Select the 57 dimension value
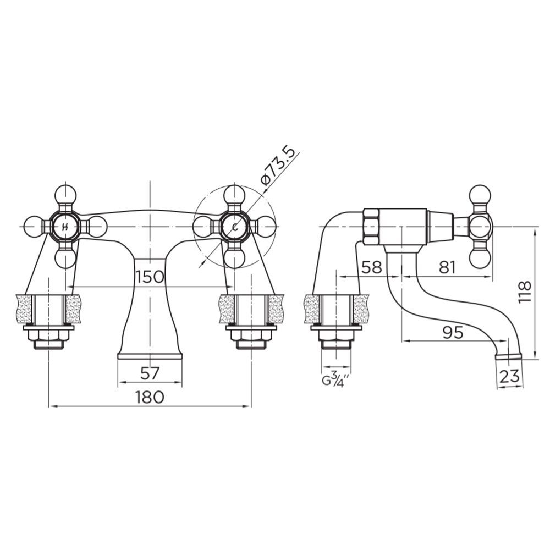pyautogui.click(x=150, y=373)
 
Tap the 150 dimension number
pyautogui.click(x=150, y=277)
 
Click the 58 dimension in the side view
pyautogui.click(x=371, y=267)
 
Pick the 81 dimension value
pyautogui.click(x=447, y=267)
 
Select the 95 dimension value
pyautogui.click(x=453, y=332)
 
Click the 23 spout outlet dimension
pyautogui.click(x=509, y=376)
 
